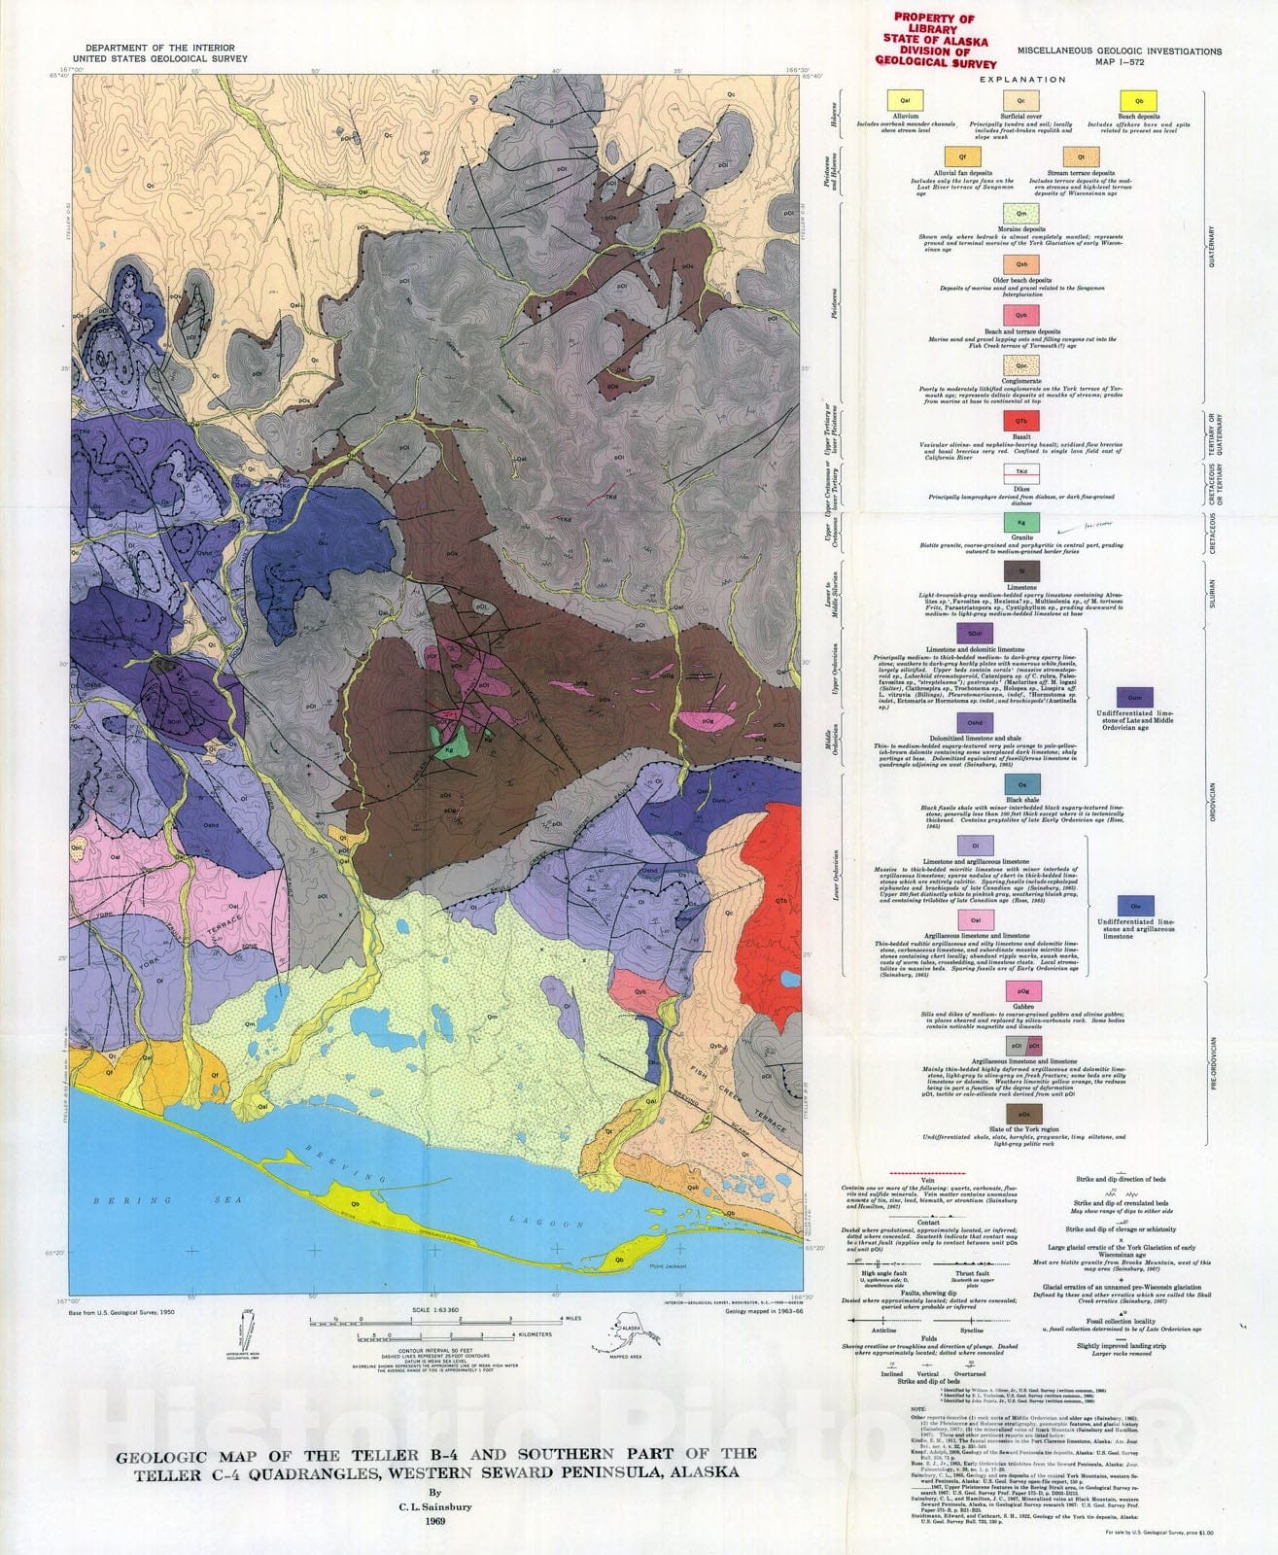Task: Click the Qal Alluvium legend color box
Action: pyautogui.click(x=905, y=100)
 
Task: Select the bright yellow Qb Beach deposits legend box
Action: pyautogui.click(x=1138, y=100)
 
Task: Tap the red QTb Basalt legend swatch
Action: pyautogui.click(x=1021, y=420)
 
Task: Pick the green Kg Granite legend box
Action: pyautogui.click(x=1021, y=523)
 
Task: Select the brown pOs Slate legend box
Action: pyautogui.click(x=1021, y=1112)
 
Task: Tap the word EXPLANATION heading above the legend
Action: pyautogui.click(x=1022, y=80)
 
